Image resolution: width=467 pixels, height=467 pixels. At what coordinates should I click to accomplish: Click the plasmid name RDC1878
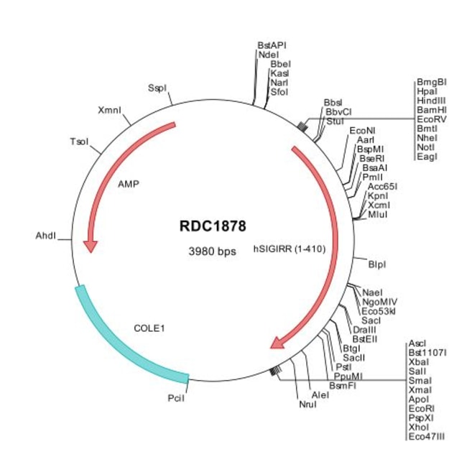(213, 226)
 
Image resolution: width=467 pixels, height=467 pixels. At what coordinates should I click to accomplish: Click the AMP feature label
(128, 183)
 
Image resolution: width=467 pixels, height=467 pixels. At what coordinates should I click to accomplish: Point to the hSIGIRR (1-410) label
(290, 250)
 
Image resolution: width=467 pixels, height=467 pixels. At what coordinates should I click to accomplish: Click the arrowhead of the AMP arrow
(91, 246)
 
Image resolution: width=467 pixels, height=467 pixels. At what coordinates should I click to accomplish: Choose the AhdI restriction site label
(45, 236)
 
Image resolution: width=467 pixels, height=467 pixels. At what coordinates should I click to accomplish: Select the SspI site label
(157, 88)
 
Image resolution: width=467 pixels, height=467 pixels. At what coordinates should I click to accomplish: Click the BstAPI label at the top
(272, 45)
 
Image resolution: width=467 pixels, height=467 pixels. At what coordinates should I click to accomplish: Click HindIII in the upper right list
(431, 101)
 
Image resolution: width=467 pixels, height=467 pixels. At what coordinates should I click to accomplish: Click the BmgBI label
(431, 82)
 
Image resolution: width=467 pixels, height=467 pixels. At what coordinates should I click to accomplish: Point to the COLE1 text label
(150, 328)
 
